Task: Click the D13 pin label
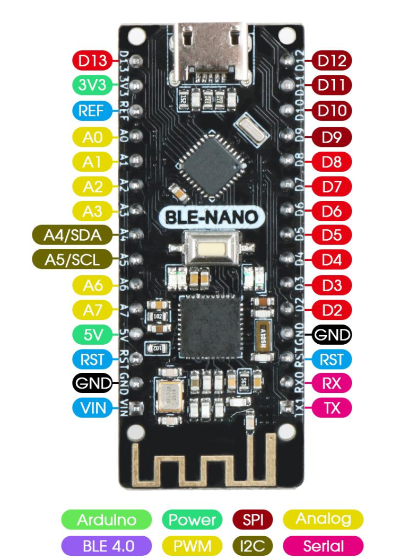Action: [x=93, y=60]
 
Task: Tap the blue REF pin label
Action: [x=93, y=111]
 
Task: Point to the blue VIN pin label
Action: [x=93, y=408]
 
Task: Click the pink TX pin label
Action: [x=332, y=408]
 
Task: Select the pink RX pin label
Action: [x=332, y=383]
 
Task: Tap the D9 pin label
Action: [x=332, y=136]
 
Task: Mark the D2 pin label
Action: [x=332, y=310]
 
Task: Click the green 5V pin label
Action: [x=93, y=335]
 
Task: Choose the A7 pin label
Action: [x=93, y=310]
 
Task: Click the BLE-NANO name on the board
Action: [x=212, y=217]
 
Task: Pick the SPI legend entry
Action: [x=253, y=520]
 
